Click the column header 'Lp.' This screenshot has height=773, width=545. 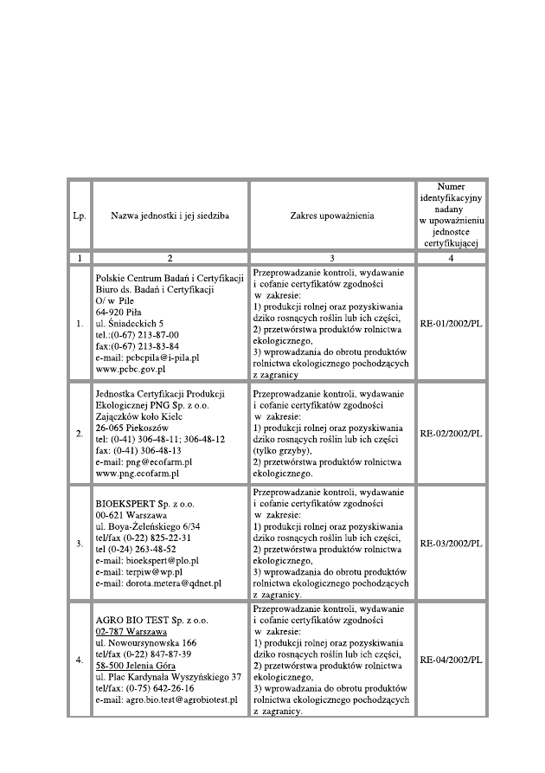tap(80, 216)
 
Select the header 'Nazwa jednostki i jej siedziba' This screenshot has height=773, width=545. tap(170, 216)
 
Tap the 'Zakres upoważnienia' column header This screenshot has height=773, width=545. tap(332, 216)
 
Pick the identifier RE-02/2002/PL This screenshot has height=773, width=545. tap(451, 433)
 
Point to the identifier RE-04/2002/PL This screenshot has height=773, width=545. tap(451, 660)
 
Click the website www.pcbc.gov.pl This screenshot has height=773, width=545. tap(131, 369)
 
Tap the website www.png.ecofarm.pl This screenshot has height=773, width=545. tap(138, 473)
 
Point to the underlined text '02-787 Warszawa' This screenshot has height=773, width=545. tap(131, 632)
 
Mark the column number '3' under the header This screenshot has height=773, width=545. tap(332, 257)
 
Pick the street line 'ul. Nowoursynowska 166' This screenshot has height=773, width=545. tap(146, 643)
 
